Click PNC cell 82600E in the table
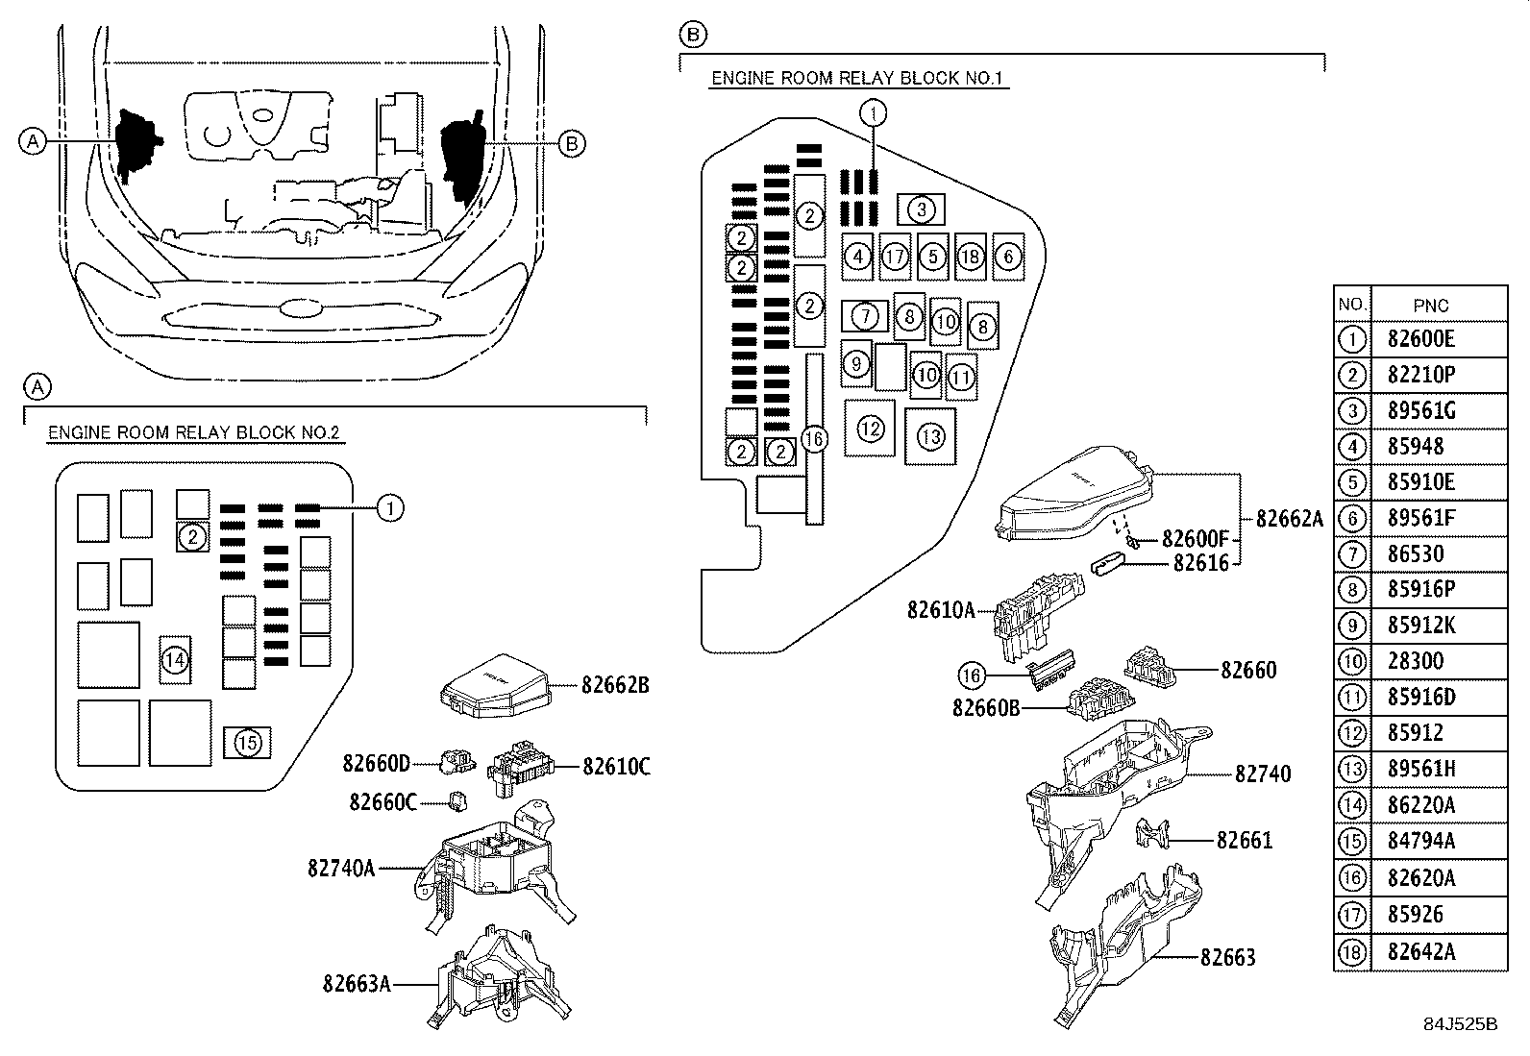(x=1421, y=339)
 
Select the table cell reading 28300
(x=1416, y=662)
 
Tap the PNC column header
(x=1431, y=305)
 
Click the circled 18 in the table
(x=1351, y=951)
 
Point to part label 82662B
(x=615, y=685)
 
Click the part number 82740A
(x=341, y=868)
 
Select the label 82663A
(x=357, y=983)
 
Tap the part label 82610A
(x=941, y=609)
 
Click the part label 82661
(x=1245, y=840)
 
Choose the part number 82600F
(x=1196, y=538)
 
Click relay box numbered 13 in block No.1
(x=930, y=437)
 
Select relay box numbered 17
(x=895, y=257)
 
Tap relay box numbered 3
(x=921, y=209)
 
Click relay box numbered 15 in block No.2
(x=247, y=742)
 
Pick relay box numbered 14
(x=174, y=660)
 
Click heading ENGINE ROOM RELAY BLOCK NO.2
(x=194, y=432)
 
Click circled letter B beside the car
(x=571, y=143)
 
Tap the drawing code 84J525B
(x=1461, y=1024)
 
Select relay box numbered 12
(x=870, y=428)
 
